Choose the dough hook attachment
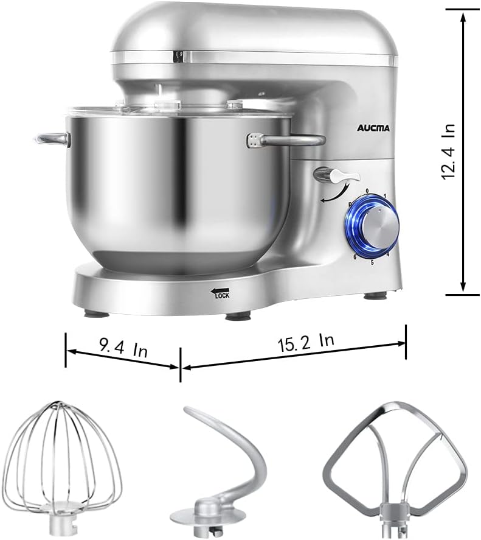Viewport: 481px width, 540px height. pos(224,463)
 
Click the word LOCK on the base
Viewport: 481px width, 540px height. pos(221,296)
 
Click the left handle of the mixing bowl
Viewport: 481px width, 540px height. pos(52,139)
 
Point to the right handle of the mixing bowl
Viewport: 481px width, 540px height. pos(286,141)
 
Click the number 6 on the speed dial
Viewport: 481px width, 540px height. pos(355,258)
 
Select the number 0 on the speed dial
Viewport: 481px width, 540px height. pos(367,191)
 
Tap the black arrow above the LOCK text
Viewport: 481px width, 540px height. pos(220,290)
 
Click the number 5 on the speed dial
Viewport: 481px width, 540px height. pos(372,262)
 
